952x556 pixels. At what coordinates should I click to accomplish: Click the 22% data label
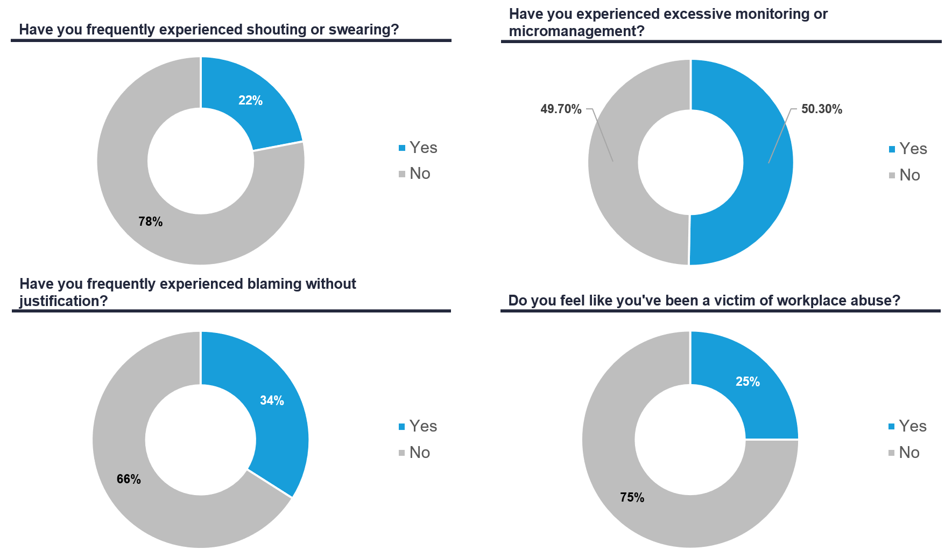coord(250,101)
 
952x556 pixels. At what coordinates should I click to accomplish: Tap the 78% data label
coord(150,222)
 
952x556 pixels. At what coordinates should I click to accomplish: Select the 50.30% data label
coord(821,109)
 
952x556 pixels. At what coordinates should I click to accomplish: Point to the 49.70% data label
coord(561,109)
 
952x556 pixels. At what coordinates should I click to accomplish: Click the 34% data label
coord(272,401)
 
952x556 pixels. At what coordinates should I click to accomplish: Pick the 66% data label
coord(129,479)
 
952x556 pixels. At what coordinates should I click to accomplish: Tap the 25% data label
coord(748,382)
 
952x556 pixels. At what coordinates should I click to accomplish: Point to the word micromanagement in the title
coord(576,31)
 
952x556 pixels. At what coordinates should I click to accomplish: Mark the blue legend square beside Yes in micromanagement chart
coord(892,149)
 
